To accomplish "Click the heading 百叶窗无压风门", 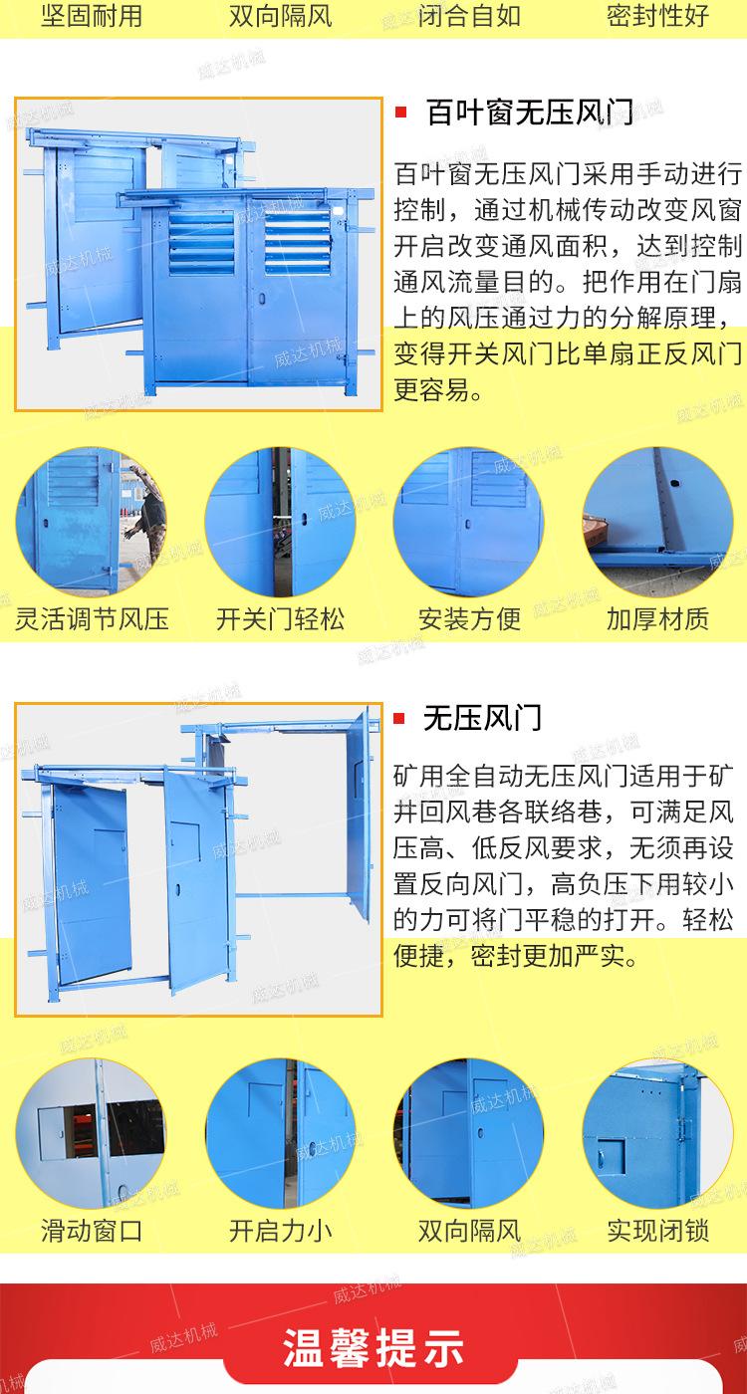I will click(529, 112).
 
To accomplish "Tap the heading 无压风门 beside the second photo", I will click(482, 717).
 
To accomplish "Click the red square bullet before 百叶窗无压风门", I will click(400, 112).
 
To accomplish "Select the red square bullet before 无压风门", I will click(400, 718).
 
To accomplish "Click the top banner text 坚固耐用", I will click(91, 16).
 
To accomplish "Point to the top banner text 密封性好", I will click(657, 16).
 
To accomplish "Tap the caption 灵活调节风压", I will click(92, 619).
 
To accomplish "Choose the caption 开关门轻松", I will click(280, 619).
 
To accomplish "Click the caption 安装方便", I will click(469, 619).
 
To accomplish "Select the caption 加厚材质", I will click(657, 619).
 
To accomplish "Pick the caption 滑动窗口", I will click(92, 1231).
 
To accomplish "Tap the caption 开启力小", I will click(280, 1231).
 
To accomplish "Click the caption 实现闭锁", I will click(657, 1231).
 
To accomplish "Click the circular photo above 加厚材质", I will click(657, 522).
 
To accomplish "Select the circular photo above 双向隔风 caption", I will click(469, 1133).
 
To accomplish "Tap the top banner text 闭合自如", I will click(469, 16).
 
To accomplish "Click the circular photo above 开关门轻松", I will click(280, 522).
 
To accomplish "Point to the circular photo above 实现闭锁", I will click(657, 1133).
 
